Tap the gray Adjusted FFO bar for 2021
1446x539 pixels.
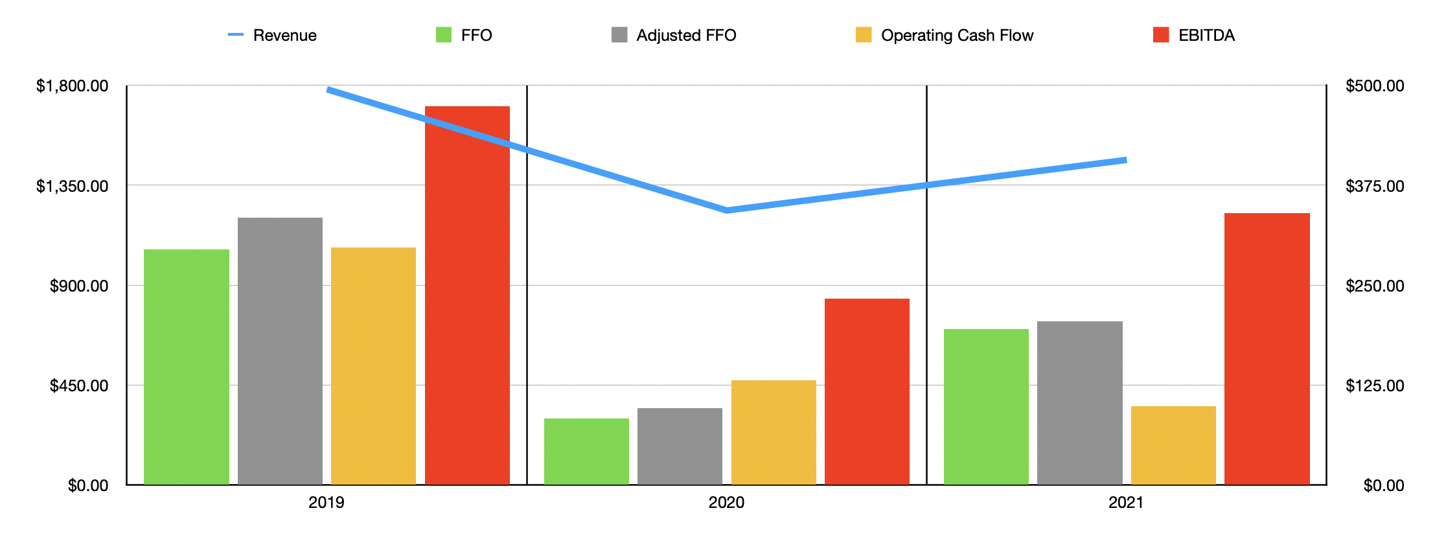[x=1079, y=402]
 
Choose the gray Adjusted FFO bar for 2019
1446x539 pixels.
[x=280, y=350]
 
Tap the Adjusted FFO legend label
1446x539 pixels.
[x=685, y=35]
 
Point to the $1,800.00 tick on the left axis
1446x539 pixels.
[x=72, y=86]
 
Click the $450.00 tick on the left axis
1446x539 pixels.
[x=79, y=385]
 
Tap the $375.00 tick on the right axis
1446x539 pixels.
[x=1375, y=186]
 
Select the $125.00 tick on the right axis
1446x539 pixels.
[x=1375, y=385]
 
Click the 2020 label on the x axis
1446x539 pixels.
[x=726, y=502]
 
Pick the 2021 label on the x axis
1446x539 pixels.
[x=1126, y=502]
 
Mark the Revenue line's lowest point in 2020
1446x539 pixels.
[x=727, y=210]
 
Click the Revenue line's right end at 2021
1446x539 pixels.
[x=1125, y=160]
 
